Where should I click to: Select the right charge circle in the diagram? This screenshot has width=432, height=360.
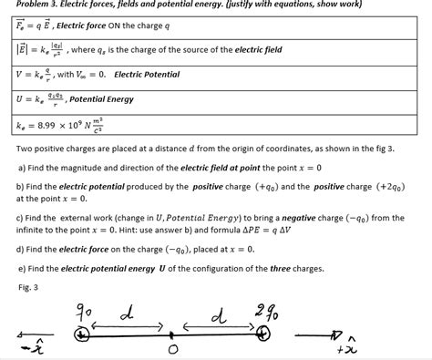(x=263, y=334)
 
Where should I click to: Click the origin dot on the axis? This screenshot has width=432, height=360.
(x=173, y=336)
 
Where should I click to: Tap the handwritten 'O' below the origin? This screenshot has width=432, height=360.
(x=174, y=352)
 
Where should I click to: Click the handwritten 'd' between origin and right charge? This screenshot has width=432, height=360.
(x=216, y=316)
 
